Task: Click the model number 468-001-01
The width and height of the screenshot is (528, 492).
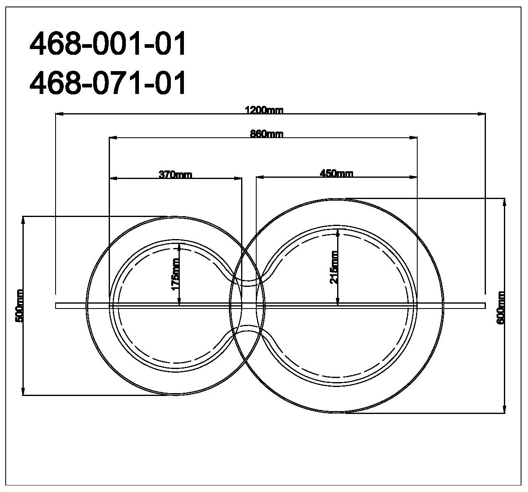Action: click(107, 43)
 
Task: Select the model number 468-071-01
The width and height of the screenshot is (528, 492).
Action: click(107, 83)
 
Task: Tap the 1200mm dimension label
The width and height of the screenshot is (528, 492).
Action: click(264, 110)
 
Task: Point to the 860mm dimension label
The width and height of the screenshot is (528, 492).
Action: click(267, 134)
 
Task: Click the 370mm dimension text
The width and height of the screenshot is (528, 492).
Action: click(175, 174)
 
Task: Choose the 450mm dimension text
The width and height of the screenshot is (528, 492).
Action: click(337, 173)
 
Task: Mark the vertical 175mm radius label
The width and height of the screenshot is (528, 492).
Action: click(176, 274)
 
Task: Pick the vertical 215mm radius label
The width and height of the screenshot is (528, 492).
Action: click(334, 267)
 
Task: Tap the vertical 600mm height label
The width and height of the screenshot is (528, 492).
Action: click(501, 308)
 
